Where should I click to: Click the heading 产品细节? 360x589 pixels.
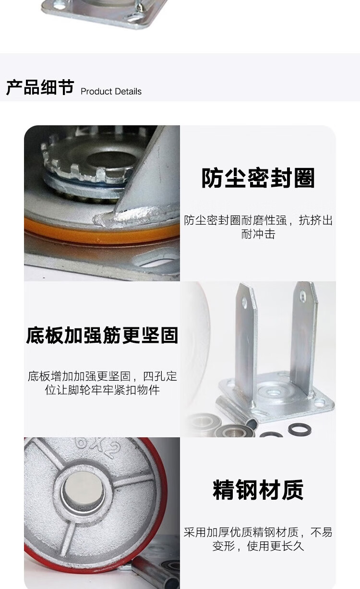(x=40, y=87)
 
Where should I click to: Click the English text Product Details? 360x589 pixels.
(x=111, y=92)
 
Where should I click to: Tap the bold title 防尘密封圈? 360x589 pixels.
(x=258, y=178)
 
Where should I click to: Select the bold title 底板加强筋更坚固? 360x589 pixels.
(x=102, y=335)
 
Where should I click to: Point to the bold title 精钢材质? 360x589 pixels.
(x=258, y=490)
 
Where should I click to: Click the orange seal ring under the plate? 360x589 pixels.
(x=100, y=232)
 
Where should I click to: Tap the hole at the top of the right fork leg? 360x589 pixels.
(x=303, y=297)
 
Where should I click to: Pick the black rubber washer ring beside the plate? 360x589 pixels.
(x=300, y=430)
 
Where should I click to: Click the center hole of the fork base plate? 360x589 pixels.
(x=273, y=392)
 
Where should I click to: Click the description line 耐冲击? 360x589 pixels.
(x=258, y=234)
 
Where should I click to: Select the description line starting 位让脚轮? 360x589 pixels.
(x=102, y=390)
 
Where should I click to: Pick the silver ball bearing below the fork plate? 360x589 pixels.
(x=235, y=431)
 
